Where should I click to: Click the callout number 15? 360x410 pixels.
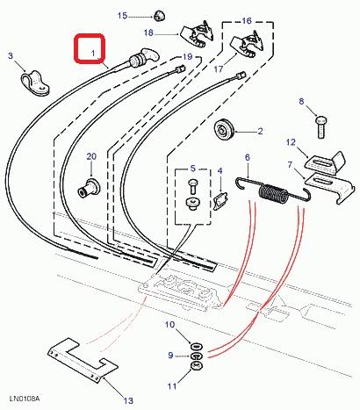pyautogui.click(x=122, y=16)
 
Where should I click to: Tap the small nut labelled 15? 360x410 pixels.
pyautogui.click(x=158, y=16)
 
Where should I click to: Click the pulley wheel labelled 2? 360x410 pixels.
pyautogui.click(x=224, y=131)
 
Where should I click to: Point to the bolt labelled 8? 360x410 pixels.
pyautogui.click(x=320, y=126)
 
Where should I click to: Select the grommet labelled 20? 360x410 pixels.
pyautogui.click(x=89, y=188)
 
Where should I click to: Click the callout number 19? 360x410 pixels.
pyautogui.click(x=187, y=56)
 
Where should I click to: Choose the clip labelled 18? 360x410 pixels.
pyautogui.click(x=197, y=33)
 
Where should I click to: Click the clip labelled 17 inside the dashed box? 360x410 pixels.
pyautogui.click(x=248, y=45)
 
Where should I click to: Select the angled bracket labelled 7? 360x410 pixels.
pyautogui.click(x=330, y=186)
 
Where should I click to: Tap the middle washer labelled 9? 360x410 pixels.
pyautogui.click(x=196, y=356)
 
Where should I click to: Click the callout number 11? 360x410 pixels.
pyautogui.click(x=172, y=386)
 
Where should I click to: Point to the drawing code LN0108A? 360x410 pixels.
pyautogui.click(x=25, y=399)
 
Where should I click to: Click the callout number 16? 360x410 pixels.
pyautogui.click(x=247, y=21)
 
